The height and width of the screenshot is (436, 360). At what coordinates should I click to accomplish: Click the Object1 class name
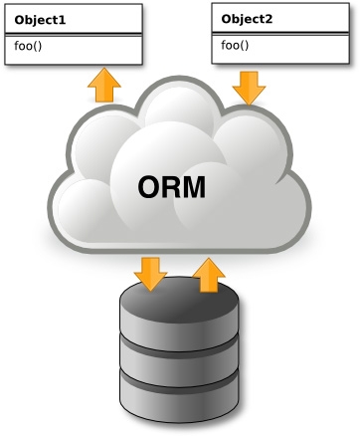[40, 20]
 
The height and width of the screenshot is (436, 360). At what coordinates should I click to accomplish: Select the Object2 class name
[247, 19]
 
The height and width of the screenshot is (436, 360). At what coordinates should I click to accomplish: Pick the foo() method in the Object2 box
[235, 45]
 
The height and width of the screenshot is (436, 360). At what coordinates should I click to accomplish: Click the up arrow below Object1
[103, 86]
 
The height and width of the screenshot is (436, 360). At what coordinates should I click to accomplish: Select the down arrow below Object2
[249, 88]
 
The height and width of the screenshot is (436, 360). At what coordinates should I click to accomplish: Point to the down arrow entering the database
[150, 273]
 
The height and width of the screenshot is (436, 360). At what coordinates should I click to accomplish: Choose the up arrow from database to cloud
[208, 274]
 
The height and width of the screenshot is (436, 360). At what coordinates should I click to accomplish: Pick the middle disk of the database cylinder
[180, 354]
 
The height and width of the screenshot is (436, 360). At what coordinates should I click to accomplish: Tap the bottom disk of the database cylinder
[180, 395]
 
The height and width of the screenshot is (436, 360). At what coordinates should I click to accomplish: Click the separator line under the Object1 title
[73, 35]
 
